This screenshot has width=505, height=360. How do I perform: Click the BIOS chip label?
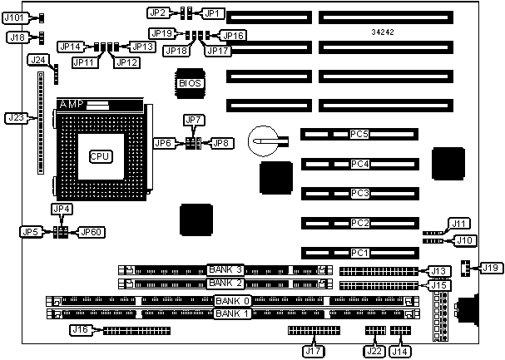click(190, 82)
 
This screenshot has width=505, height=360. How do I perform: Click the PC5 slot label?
click(359, 134)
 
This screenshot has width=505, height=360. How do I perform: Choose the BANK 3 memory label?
click(225, 269)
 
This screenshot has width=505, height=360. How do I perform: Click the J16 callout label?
click(80, 330)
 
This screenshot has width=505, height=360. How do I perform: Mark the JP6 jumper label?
click(164, 143)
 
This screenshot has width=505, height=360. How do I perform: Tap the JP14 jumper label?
click(70, 47)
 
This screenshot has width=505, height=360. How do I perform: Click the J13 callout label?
click(439, 271)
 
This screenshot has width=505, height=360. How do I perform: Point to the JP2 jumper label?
click(158, 12)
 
